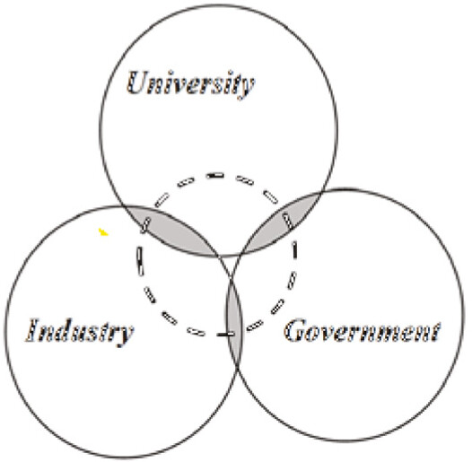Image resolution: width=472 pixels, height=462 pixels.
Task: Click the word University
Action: click(190, 83)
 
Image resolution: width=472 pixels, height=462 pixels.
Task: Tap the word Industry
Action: click(79, 332)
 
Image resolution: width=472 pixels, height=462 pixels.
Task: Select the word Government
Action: click(363, 330)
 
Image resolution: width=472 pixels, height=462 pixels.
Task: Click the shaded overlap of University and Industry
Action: click(170, 230)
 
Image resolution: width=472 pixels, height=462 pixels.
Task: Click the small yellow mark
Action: click(103, 231)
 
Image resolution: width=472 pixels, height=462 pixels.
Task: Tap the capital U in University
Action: click(137, 82)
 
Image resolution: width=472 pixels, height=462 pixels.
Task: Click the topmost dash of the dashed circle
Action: click(215, 175)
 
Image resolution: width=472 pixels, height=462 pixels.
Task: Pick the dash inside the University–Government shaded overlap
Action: click(287, 221)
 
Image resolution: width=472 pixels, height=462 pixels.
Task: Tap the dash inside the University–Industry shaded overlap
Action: click(145, 226)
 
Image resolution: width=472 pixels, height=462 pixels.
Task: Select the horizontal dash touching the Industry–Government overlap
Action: click(226, 334)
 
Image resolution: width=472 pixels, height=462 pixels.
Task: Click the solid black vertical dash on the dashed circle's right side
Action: click(295, 249)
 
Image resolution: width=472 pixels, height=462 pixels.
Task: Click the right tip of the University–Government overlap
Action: click(320, 193)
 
